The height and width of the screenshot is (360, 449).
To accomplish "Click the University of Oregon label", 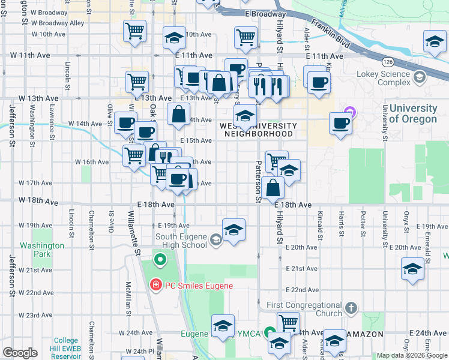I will (412, 113).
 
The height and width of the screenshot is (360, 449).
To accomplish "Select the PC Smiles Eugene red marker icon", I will (156, 285).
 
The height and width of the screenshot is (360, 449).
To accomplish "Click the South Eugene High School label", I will (181, 241).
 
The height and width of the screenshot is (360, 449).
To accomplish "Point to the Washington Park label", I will (41, 250).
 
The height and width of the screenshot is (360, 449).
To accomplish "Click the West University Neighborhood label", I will (258, 130).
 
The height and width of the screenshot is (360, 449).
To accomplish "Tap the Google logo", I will (20, 353).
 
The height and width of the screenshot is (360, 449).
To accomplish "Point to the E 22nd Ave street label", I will (301, 290).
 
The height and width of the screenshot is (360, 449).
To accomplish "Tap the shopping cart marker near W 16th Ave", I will (134, 155).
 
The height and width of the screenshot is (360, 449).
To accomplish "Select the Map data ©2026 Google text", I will (412, 355).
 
